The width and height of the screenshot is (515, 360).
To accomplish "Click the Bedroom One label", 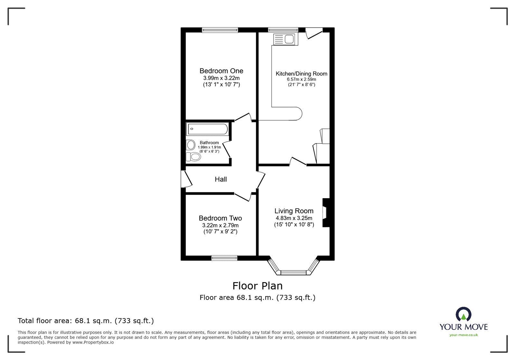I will tap(221, 71).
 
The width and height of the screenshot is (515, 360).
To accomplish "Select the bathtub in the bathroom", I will tap(207, 129).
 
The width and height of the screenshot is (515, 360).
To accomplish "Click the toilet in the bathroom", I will tap(193, 157).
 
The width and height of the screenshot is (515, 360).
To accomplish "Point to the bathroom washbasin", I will tap(191, 145).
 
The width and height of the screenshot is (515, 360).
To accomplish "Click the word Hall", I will tap(221, 179).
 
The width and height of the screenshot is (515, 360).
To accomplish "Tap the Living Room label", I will tap(294, 211).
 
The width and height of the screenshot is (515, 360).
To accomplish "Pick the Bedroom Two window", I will tap(224, 258).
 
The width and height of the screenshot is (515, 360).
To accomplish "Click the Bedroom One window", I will tap(220, 30).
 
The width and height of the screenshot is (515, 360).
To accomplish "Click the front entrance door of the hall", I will tap(186, 179).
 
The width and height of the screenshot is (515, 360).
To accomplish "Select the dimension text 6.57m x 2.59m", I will tap(301, 79).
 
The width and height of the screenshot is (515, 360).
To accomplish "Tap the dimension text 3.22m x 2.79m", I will tap(220, 225).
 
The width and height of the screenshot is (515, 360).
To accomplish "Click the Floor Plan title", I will tap(257, 286).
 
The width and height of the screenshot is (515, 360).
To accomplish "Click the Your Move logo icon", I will tap(464, 314).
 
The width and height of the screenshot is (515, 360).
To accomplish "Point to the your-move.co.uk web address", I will tap(464, 335).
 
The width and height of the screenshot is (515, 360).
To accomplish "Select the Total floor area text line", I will tap(86, 321).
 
